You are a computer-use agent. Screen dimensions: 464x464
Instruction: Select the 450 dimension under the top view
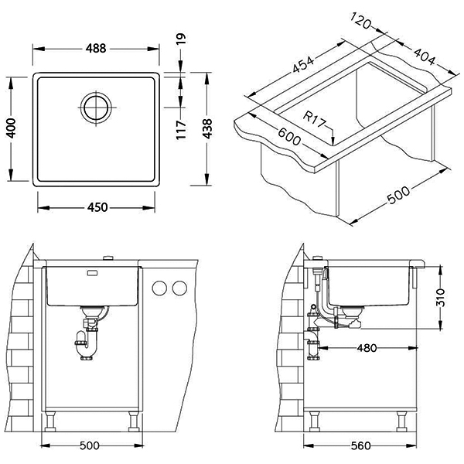97,206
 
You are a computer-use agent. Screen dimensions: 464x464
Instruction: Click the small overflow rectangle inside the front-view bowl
92,273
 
